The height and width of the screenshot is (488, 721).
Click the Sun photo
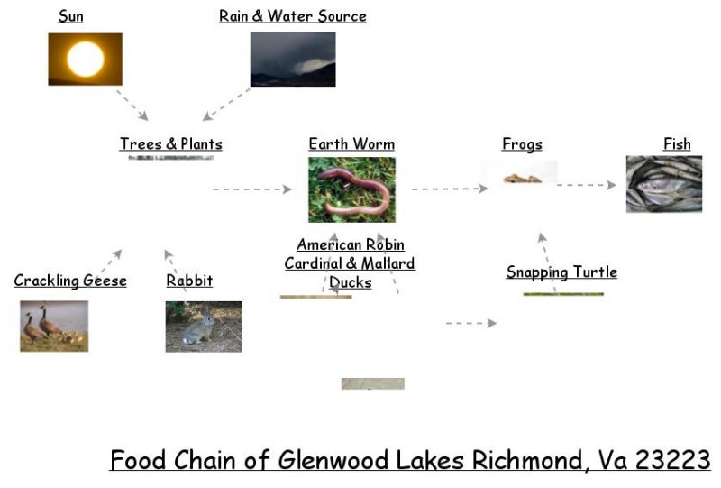[x=85, y=60]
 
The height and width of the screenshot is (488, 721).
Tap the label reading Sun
[x=71, y=16]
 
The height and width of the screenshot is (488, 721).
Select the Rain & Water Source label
[x=292, y=16]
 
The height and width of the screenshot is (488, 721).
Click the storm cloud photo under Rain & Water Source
[x=292, y=60]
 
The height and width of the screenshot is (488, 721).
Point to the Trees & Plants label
[x=170, y=143]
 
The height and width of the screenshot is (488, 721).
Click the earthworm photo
[x=351, y=189]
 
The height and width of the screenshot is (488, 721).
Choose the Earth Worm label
[x=351, y=143]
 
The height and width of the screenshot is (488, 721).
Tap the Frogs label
[x=522, y=144]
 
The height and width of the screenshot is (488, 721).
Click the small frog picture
[x=522, y=178]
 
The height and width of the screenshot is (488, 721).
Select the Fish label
[x=677, y=143]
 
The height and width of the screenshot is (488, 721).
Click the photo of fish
[x=663, y=184]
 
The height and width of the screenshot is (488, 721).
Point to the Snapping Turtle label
[x=561, y=272]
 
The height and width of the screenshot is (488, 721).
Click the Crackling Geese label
[x=70, y=281]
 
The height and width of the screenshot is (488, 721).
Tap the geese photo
[x=54, y=326]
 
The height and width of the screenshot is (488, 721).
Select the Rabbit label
[x=189, y=281]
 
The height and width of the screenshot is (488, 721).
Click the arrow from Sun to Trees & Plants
[x=132, y=105]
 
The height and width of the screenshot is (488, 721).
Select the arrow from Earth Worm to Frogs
[x=449, y=189]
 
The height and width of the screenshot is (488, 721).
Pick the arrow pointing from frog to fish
[x=586, y=185]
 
